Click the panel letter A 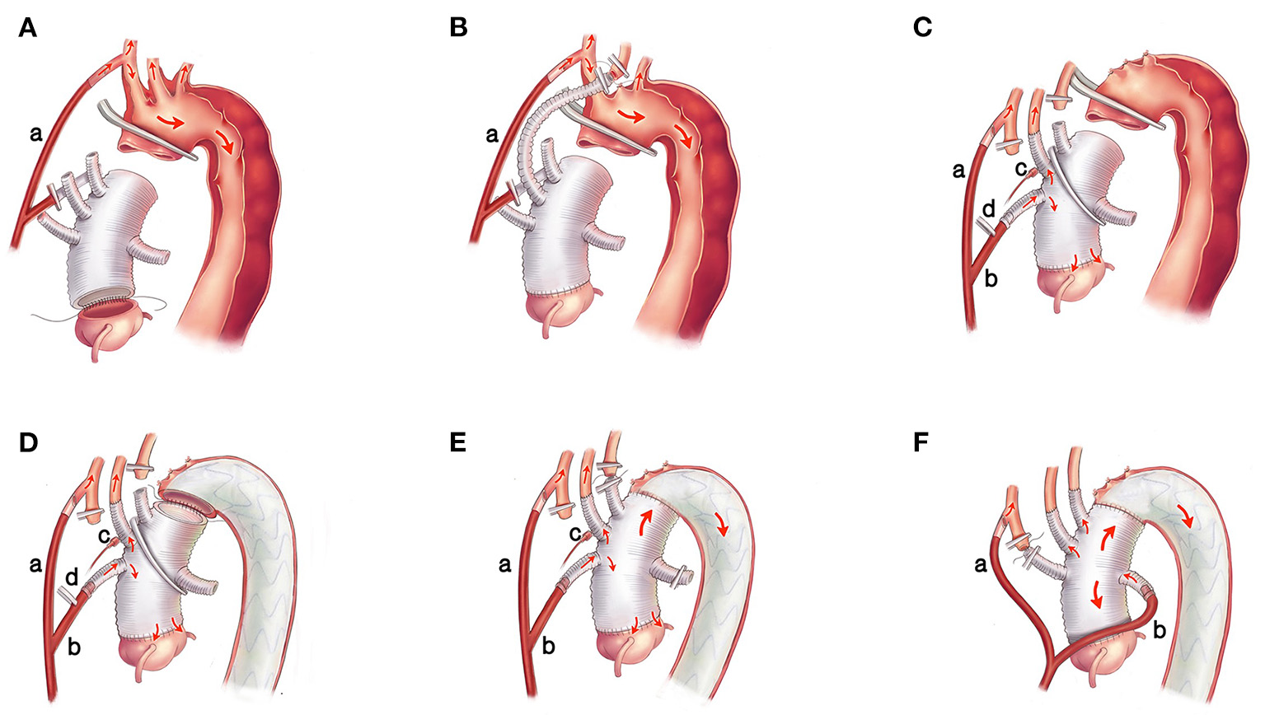27,28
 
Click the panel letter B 458,28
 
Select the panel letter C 922,28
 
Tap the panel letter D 28,442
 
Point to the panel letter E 458,442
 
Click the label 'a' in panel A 35,133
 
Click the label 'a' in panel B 492,133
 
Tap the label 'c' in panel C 1021,170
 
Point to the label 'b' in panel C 991,279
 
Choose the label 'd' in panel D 72,578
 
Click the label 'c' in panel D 105,535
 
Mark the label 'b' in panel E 548,647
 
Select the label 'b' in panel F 1159,633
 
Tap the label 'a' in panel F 981,565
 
